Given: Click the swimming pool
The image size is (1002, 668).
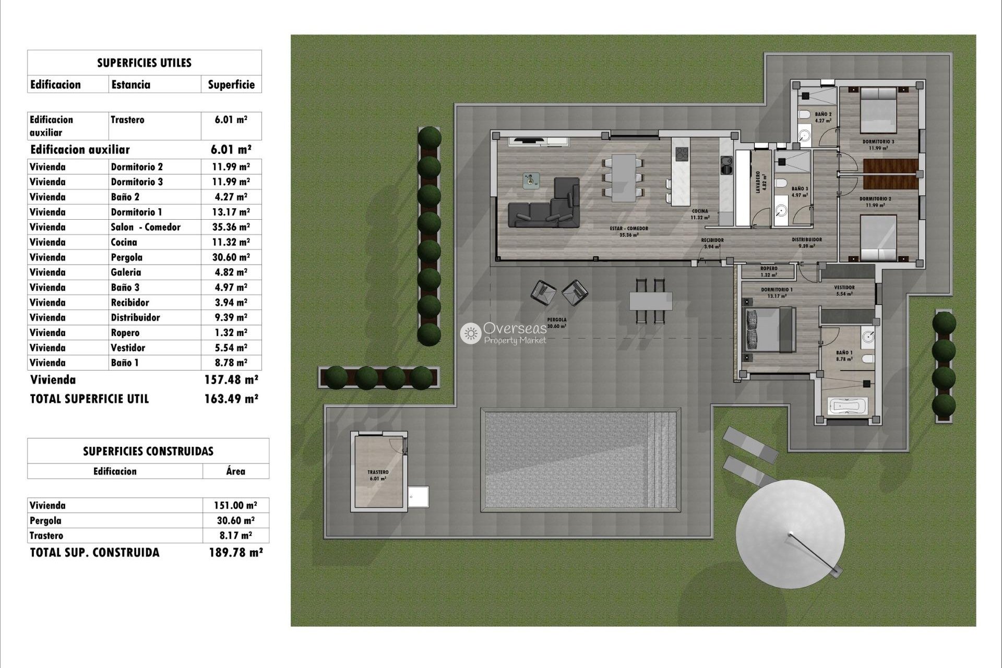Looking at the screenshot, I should point(582,460).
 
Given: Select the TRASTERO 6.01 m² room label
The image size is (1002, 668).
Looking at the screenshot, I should point(378,475).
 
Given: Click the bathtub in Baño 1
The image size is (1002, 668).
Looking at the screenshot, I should point(848,405).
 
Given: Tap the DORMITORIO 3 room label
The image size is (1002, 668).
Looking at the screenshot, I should point(878,145).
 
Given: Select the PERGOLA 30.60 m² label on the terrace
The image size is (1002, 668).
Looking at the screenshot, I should point(557,323).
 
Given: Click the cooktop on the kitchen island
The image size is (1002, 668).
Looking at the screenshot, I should point(682,153).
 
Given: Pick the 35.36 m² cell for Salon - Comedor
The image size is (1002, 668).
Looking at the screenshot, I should point(231,227).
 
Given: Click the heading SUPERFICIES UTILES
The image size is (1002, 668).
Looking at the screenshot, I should point(144,63).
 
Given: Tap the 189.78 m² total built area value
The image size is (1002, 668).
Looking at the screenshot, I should point(235,553).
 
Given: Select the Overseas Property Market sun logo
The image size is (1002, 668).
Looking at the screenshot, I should point(471,333).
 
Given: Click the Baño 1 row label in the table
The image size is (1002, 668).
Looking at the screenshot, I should point(125,363).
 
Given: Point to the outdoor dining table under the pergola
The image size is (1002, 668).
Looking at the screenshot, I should point(650,301).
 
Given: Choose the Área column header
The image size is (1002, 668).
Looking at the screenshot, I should point(235,471).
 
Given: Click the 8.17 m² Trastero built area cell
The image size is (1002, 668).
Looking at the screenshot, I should point(235,535).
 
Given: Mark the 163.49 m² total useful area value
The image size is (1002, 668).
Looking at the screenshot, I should point(231,399).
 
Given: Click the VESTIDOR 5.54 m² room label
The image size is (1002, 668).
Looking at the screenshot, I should point(844,290).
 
